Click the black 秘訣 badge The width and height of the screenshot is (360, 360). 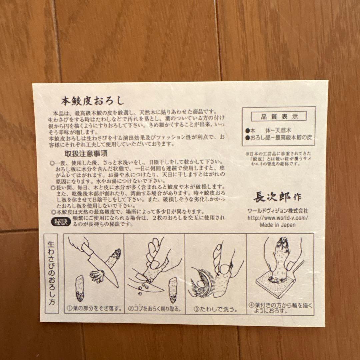61,221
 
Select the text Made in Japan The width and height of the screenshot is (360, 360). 278,225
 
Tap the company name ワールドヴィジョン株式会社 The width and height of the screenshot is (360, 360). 278,211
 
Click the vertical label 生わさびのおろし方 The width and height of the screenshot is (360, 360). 52,273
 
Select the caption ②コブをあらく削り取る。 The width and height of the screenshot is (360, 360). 155,309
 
